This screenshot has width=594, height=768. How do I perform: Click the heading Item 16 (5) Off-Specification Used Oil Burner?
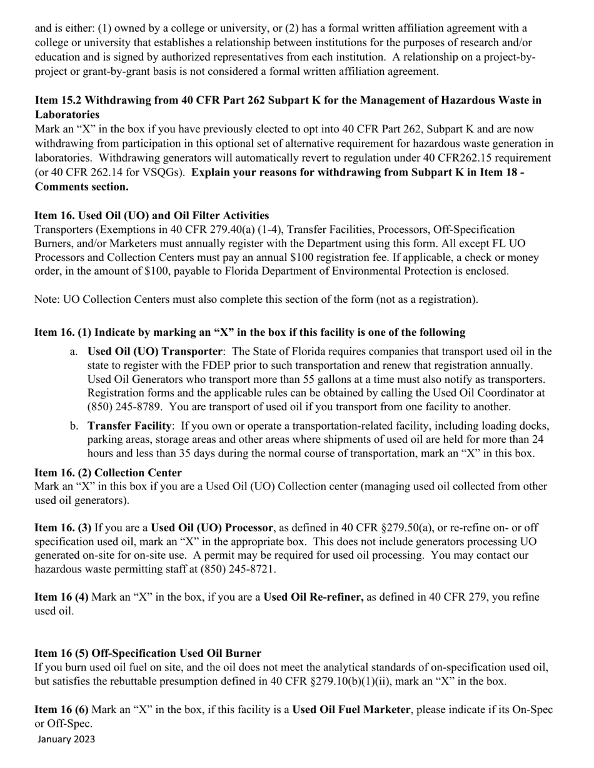148,653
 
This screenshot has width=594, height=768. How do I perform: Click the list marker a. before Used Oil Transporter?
74,352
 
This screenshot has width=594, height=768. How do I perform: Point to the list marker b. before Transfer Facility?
74,426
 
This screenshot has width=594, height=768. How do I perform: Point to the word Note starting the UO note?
46,299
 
